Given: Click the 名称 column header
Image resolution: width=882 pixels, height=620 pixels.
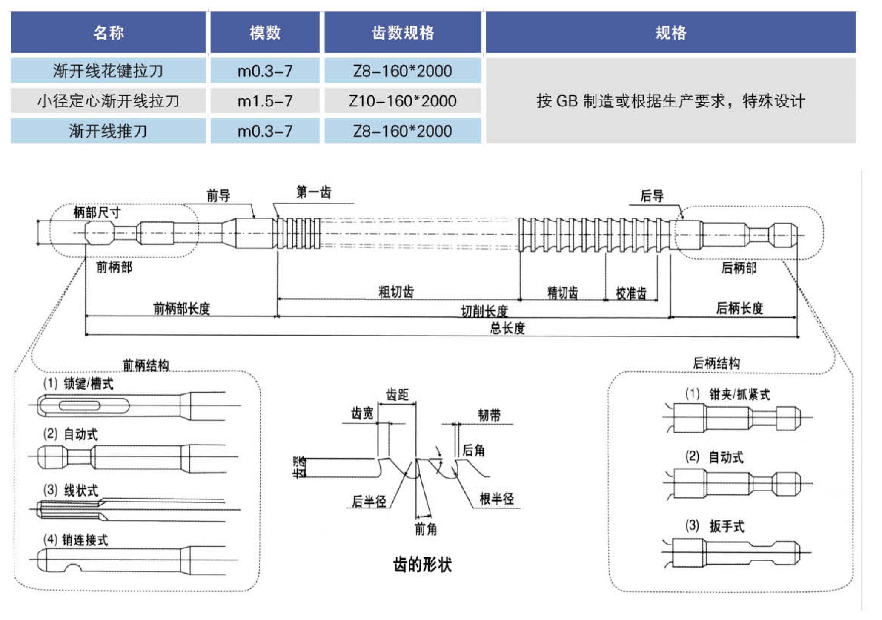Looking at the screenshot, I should (x=109, y=33).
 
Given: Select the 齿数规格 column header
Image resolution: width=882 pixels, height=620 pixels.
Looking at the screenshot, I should (x=402, y=33).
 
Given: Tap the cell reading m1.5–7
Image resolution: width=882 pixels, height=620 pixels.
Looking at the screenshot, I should (x=265, y=101).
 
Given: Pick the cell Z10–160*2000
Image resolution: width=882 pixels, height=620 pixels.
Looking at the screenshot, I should (x=402, y=101).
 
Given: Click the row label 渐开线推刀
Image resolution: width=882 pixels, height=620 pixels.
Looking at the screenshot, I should (x=108, y=131).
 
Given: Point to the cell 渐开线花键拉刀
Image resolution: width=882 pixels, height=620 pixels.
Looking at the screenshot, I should (x=108, y=71).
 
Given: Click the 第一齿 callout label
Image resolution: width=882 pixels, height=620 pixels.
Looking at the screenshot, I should (x=313, y=192).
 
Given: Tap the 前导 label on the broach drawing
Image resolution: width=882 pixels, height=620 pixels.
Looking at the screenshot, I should (x=218, y=196).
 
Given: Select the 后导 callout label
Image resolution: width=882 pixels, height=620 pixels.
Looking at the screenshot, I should (x=652, y=196).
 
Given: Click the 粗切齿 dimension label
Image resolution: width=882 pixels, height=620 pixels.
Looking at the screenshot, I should (x=396, y=292).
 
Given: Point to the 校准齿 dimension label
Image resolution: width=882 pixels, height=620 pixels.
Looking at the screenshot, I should (x=631, y=293).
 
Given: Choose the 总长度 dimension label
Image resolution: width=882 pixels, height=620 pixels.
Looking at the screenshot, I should (x=507, y=328).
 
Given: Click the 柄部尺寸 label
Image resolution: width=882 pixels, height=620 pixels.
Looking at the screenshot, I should (x=97, y=212).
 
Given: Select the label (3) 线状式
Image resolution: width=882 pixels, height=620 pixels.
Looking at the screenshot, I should (x=71, y=490).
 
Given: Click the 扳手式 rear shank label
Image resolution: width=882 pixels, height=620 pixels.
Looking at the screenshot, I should (x=726, y=526).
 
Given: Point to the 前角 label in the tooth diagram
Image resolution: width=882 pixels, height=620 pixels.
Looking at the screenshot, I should (x=426, y=529).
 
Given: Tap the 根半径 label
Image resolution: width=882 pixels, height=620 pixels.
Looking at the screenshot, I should (x=496, y=499).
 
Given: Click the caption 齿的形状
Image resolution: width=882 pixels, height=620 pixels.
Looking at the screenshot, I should (x=422, y=565).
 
